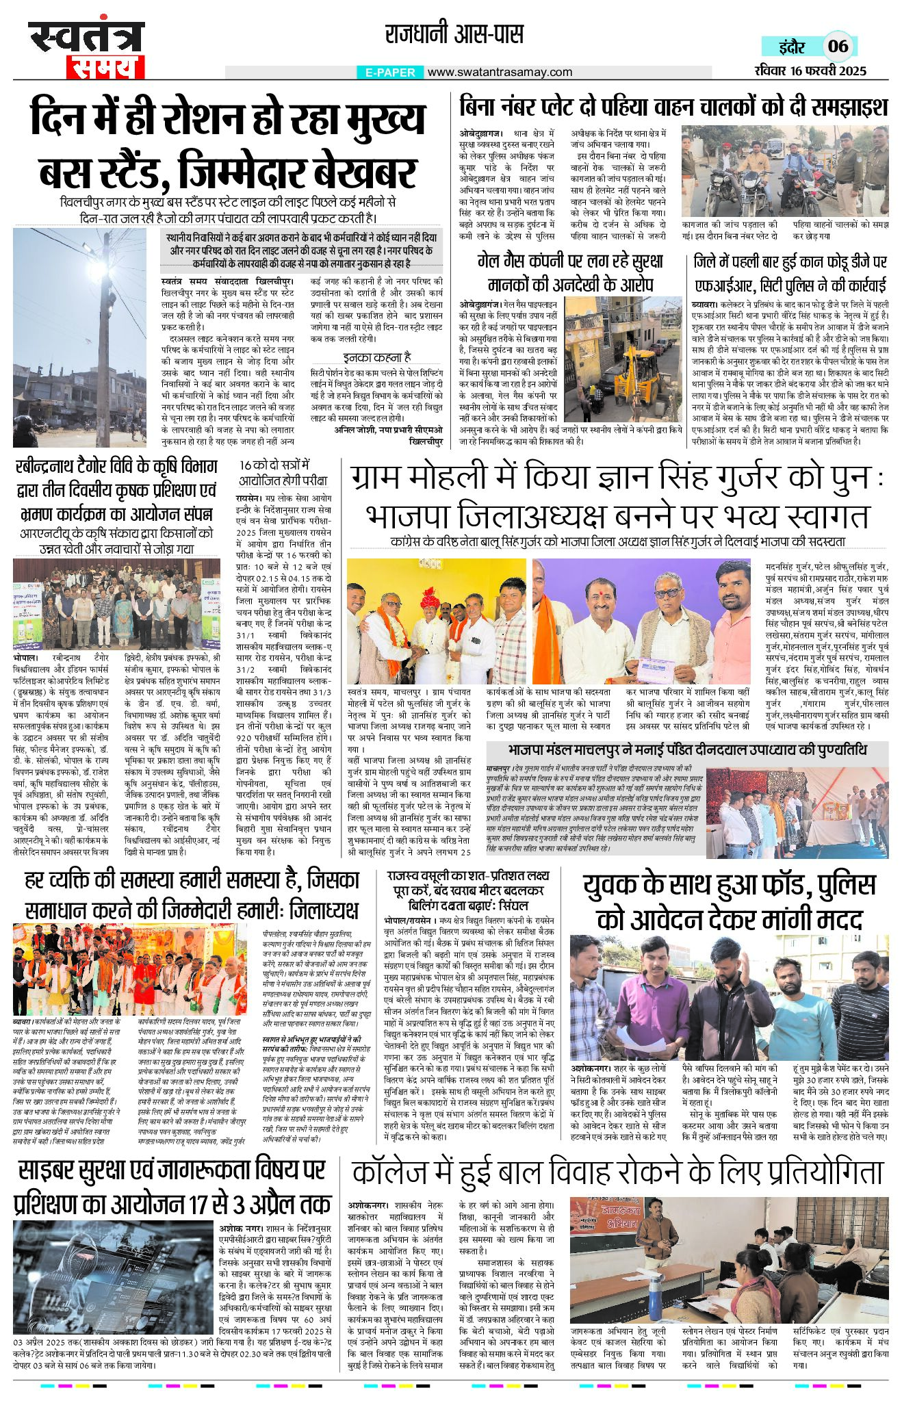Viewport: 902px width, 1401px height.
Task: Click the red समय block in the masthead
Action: [106, 67]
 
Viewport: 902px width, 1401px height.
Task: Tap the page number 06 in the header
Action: [838, 47]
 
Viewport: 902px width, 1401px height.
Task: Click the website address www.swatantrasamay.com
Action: [500, 72]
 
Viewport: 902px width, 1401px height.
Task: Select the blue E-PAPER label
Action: [390, 72]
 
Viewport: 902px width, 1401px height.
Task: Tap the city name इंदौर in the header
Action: [793, 47]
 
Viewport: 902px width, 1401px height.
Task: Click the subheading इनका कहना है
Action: [377, 357]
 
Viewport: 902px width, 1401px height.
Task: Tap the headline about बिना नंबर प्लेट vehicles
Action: [673, 107]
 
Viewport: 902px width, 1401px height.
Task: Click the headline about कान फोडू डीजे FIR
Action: [790, 273]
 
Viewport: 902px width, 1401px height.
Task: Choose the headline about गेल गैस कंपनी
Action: [569, 273]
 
